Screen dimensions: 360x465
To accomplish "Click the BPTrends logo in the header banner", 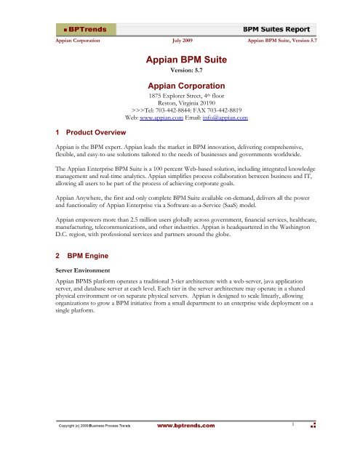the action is [85, 28].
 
